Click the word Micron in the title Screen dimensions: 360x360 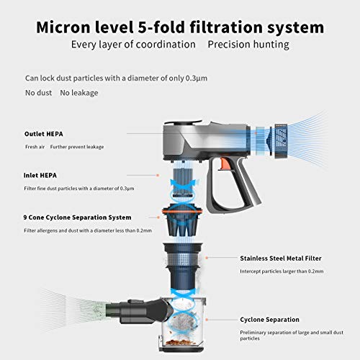63,27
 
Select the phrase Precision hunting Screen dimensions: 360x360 248,45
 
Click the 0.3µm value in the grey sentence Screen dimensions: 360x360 197,78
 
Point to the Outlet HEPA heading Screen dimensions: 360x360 44,134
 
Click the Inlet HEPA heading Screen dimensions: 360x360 40,176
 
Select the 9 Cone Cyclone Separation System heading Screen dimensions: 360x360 77,217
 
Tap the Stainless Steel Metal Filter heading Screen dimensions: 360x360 281,258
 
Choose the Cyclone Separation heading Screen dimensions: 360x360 269,320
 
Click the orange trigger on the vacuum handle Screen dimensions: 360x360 225,163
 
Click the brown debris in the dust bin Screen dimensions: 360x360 179,342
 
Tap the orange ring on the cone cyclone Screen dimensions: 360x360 182,212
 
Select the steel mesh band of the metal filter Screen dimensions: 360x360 182,260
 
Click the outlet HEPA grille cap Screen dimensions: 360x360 281,140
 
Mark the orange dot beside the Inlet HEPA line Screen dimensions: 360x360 158,176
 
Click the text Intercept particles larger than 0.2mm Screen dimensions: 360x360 282,271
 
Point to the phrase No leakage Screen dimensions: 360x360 79,93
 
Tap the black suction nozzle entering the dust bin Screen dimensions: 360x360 139,311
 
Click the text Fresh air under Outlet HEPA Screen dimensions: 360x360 35,147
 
